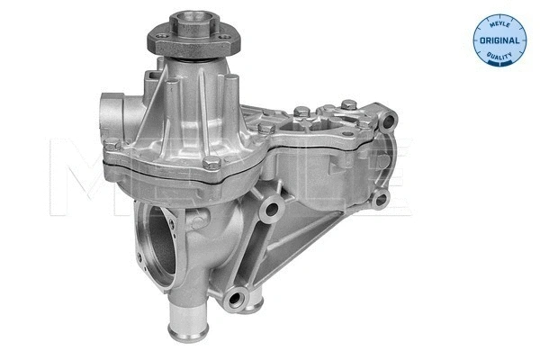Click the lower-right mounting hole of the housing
click(x=380, y=199)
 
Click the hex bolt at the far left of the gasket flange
click(x=110, y=146)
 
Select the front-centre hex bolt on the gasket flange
click(x=211, y=163)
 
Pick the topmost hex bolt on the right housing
click(x=302, y=112)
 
